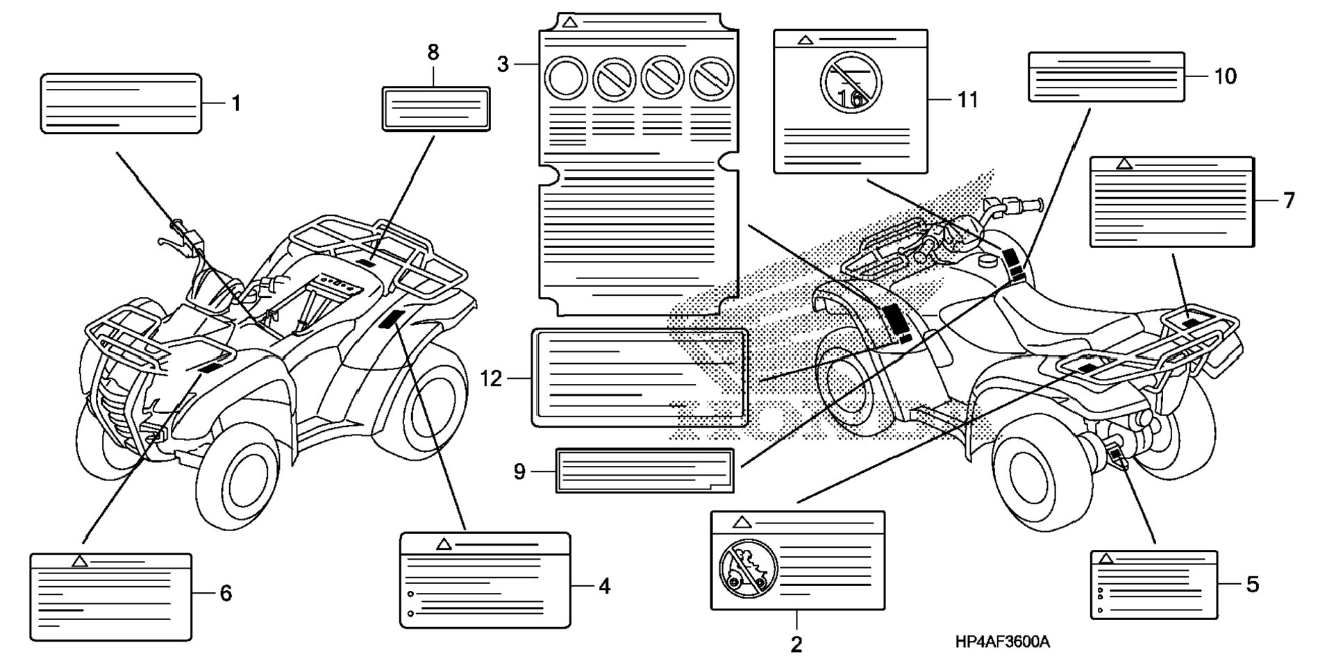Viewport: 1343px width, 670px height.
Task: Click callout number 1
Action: pos(236,104)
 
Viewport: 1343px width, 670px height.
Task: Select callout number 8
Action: pos(433,52)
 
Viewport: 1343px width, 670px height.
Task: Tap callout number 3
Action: pos(503,65)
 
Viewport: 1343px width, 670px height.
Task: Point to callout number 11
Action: pos(967,100)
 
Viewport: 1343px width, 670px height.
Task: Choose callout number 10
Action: pos(1225,76)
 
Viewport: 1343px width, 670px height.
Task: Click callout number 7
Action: pos(1289,201)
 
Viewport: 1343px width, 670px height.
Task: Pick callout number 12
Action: pos(491,379)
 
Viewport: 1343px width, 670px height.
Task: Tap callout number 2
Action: pos(796,644)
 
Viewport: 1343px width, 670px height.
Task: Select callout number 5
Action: pos(1252,585)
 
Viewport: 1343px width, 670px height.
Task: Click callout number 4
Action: pos(604,587)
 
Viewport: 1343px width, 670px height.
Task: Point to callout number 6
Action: pos(226,594)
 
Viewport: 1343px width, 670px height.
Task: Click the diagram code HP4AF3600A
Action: pos(1002,642)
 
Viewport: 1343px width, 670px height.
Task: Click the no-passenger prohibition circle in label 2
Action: pos(747,568)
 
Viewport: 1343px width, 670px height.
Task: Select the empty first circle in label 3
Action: pos(567,78)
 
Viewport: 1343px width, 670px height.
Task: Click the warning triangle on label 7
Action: pos(1124,165)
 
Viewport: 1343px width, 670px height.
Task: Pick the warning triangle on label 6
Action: pos(80,561)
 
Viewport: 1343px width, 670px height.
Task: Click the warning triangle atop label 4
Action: pos(444,544)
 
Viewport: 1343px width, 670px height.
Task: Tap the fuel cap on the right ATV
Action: pos(987,260)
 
